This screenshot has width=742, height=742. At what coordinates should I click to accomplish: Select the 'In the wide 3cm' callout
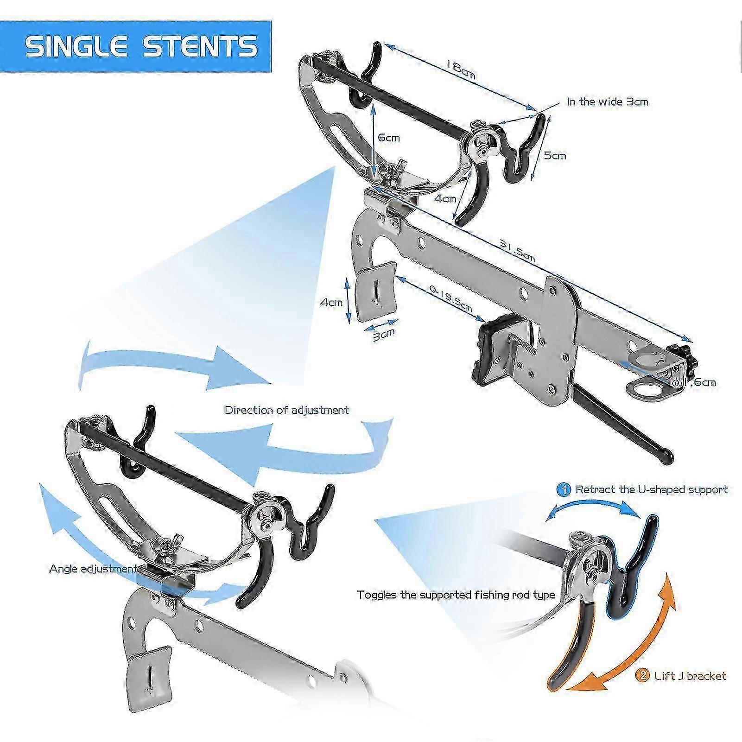(607, 101)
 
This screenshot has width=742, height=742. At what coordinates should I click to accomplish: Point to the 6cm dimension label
(388, 138)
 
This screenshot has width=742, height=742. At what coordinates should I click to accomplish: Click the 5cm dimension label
(555, 155)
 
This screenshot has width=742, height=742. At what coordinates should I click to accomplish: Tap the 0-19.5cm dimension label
(450, 298)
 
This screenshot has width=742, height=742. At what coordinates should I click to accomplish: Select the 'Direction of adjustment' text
(286, 410)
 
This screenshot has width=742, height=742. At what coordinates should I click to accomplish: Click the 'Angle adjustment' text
(93, 568)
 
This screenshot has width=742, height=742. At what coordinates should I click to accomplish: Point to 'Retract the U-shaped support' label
(651, 489)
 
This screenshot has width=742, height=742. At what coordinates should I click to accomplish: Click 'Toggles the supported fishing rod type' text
(456, 595)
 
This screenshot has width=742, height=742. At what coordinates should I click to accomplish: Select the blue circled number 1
(564, 489)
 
